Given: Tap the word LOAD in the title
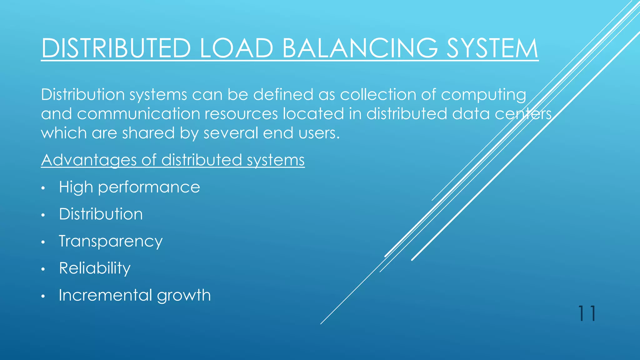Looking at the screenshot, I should tap(236, 48).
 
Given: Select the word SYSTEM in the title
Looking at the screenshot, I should tap(492, 48).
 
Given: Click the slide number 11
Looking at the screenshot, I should tap(587, 313).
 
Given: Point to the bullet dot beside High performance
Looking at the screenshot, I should tap(43, 188).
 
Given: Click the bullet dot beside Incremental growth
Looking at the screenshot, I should tap(43, 296).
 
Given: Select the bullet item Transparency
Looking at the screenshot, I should tap(111, 242).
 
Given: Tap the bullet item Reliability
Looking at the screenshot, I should tap(95, 268).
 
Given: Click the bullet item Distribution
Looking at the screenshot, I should tap(101, 214).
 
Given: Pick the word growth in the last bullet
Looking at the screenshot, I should tap(184, 296).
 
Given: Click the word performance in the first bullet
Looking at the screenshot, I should tap(149, 187).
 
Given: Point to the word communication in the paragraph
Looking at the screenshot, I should tap(138, 114).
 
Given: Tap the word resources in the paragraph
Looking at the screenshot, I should tap(241, 114).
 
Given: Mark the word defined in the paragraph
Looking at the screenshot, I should tap(283, 94).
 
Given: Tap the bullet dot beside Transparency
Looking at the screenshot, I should tap(43, 242).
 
